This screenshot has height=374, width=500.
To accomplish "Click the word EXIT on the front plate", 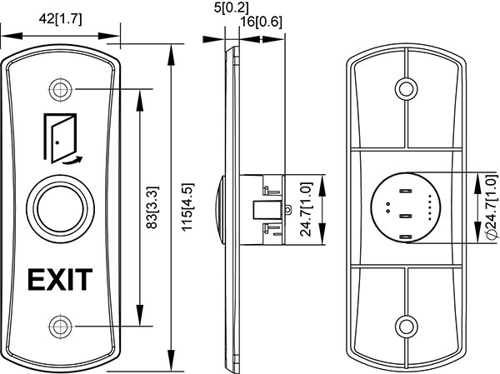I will (60, 279).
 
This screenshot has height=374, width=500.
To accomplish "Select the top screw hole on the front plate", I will (59, 88).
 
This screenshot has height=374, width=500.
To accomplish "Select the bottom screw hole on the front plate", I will (59, 324).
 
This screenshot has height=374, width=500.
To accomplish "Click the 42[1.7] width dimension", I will (59, 19).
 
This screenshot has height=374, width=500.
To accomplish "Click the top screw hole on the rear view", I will (405, 87).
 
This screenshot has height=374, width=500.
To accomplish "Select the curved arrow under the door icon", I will (72, 158).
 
